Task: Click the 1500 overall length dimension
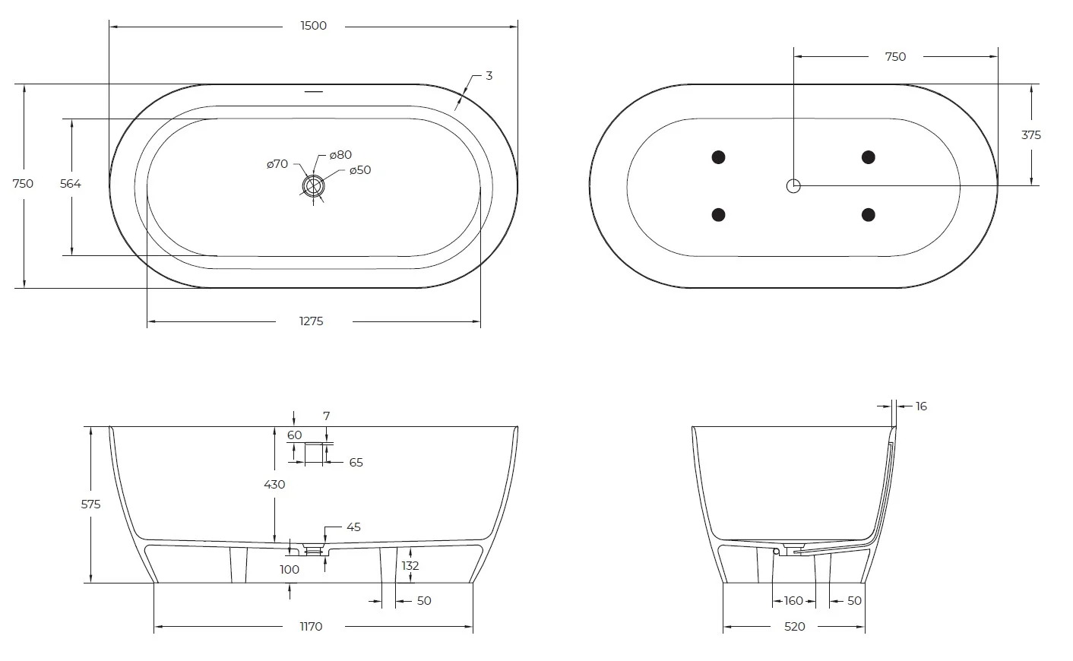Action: pos(314,25)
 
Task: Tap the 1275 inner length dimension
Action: pos(312,321)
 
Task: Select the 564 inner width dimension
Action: pos(71,183)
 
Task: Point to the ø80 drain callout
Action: pos(340,155)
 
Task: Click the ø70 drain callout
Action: pos(277,164)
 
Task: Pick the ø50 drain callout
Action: pos(360,170)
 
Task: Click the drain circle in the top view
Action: pos(313,186)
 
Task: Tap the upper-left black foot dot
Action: pos(719,157)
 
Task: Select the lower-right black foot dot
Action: pos(869,214)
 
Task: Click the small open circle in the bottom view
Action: pos(793,186)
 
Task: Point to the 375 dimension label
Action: pos(1031,135)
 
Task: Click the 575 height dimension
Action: pos(90,504)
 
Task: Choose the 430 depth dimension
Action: pos(274,484)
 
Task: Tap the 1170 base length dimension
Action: pos(311,626)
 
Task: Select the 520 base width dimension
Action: pos(795,626)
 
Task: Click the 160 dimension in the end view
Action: pos(793,601)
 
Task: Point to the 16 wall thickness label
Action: pos(921,406)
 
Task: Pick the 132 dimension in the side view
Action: pos(410,566)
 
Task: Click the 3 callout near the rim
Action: pos(489,76)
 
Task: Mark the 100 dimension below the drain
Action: pos(290,570)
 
